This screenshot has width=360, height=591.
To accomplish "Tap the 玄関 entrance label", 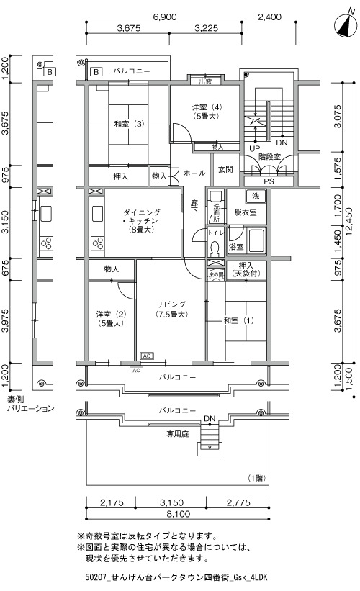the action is [x=225, y=170].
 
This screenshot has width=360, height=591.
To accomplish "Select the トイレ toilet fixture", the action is [x=215, y=249].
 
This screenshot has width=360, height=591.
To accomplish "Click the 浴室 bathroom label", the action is [x=236, y=247].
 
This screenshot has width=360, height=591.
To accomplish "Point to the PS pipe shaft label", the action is [x=269, y=181].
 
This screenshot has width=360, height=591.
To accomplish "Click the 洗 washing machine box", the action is [x=256, y=196].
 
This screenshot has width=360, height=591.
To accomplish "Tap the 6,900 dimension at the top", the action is [x=165, y=17].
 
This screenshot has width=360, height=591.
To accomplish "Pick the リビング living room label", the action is [x=171, y=304].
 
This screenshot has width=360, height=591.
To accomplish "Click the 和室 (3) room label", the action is [x=129, y=124].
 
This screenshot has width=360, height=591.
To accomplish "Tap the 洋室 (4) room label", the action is [x=205, y=107].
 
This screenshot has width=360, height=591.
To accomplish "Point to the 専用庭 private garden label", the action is [x=178, y=434].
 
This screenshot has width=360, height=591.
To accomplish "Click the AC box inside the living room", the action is [x=147, y=356].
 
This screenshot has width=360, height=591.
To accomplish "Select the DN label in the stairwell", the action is [x=282, y=143].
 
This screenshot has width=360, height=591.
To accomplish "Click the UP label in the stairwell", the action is [x=254, y=148].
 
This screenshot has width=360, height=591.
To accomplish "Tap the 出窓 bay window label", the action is [x=205, y=81].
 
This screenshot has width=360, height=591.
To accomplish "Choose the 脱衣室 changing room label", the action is [x=246, y=212].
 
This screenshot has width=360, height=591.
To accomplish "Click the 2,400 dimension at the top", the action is [x=269, y=17].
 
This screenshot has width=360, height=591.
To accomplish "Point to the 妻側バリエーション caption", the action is [x=31, y=404].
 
